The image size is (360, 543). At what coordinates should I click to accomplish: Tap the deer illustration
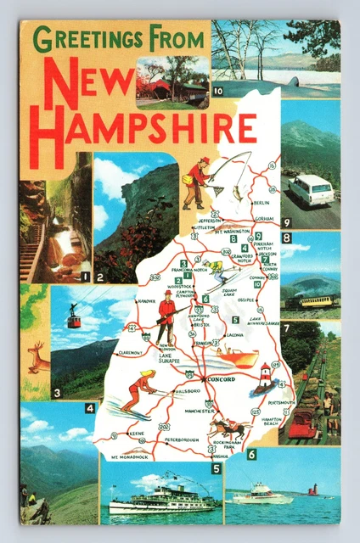(37, 357)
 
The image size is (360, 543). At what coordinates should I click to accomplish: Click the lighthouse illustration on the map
(265, 377)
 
